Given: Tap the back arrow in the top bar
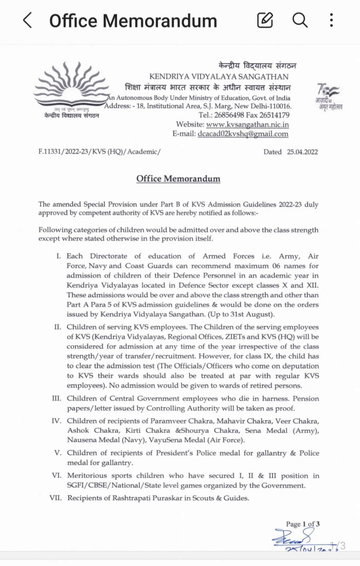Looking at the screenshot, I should [28, 20].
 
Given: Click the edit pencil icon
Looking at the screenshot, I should [265, 20].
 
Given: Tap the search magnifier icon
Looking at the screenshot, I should [300, 20].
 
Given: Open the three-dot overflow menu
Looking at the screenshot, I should [331, 20].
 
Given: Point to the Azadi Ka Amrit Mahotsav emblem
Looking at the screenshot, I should [329, 97].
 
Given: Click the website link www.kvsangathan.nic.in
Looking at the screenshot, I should [247, 125].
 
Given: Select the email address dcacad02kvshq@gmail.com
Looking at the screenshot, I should [243, 134].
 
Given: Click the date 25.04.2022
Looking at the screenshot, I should [302, 152].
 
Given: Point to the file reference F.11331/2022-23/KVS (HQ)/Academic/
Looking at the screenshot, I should [99, 152].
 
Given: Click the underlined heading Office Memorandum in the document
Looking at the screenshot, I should [178, 179].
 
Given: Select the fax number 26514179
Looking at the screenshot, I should [274, 115].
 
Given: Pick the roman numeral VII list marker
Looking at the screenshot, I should [56, 498].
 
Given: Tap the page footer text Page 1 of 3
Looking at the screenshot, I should [303, 524].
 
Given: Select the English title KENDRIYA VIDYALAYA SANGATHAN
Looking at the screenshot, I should [219, 76].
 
